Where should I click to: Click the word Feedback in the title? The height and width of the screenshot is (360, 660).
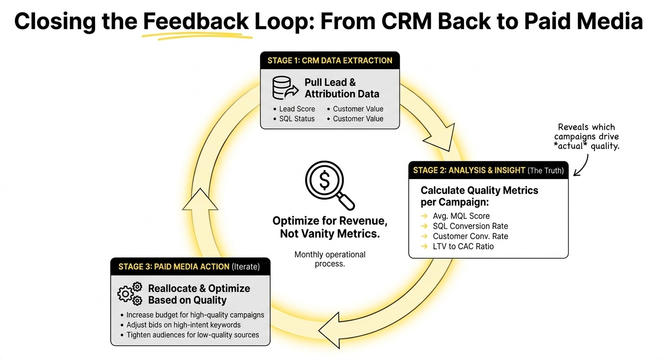click(196, 22)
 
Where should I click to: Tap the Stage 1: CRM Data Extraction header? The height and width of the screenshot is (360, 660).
click(330, 60)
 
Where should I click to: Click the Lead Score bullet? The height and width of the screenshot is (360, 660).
click(297, 109)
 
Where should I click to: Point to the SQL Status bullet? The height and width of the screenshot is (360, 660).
click(297, 119)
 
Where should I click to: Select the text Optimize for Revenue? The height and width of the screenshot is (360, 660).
click(330, 221)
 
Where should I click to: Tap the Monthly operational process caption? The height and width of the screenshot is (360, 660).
click(330, 259)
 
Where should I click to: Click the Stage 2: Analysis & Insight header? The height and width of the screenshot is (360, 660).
click(488, 170)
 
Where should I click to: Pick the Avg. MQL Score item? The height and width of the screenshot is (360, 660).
click(461, 216)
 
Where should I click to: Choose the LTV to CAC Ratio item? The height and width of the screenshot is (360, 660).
click(463, 246)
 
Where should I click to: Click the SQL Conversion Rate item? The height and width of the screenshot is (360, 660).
click(470, 226)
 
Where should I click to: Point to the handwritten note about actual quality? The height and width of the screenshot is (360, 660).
click(586, 137)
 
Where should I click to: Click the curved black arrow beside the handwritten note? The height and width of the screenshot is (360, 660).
click(581, 166)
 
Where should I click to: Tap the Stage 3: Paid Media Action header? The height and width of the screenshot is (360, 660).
click(189, 267)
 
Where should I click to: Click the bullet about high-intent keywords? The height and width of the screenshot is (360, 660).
click(183, 325)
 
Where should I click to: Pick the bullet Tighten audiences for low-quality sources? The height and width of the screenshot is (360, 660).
click(192, 335)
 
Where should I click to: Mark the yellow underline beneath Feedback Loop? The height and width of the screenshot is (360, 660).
click(197, 36)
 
